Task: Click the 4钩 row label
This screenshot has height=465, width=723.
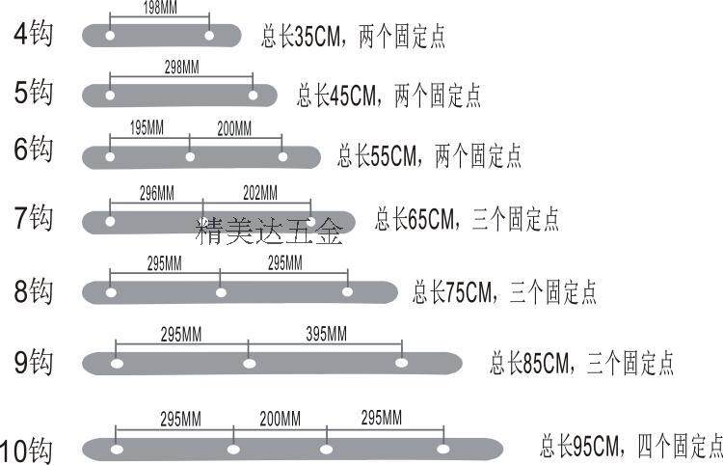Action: pyautogui.click(x=35, y=35)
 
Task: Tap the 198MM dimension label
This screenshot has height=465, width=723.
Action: pyautogui.click(x=158, y=8)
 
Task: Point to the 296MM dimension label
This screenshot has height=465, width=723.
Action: pyautogui.click(x=156, y=192)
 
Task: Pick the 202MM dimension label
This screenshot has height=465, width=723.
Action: pyautogui.click(x=256, y=192)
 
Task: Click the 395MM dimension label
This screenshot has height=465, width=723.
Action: pyautogui.click(x=325, y=334)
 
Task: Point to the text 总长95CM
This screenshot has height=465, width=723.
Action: pyautogui.click(x=576, y=446)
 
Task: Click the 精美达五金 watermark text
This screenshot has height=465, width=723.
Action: pyautogui.click(x=269, y=232)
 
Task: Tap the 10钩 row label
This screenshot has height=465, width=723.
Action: pyautogui.click(x=27, y=450)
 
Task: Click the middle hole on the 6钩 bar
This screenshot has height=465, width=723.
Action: pyautogui.click(x=190, y=157)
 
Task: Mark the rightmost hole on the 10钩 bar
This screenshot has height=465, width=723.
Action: pyautogui.click(x=442, y=449)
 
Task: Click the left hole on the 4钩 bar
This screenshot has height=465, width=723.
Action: pyautogui.click(x=111, y=37)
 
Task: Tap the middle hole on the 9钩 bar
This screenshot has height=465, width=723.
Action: pyautogui.click(x=249, y=364)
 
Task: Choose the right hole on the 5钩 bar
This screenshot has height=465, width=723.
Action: pyautogui.click(x=254, y=96)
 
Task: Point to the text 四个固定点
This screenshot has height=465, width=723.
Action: pyautogui.click(x=679, y=446)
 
